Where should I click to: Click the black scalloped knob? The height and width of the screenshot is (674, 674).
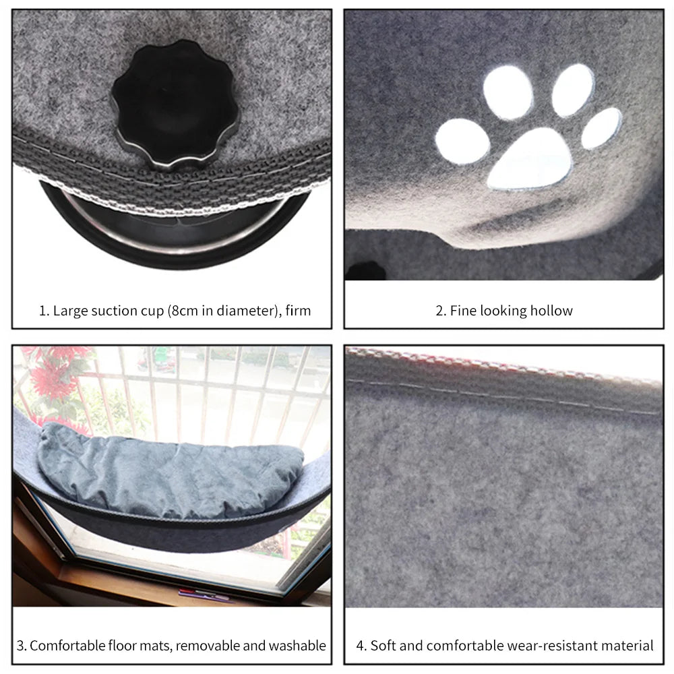(x=175, y=104)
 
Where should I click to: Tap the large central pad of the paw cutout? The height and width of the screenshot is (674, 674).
(x=530, y=158)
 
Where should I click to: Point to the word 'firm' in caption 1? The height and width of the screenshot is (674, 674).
(x=298, y=311)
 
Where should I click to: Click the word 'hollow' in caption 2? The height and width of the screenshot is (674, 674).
(x=551, y=311)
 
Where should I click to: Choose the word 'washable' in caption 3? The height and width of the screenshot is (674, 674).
(x=297, y=645)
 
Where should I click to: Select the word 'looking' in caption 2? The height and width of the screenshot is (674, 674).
(x=503, y=311)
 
